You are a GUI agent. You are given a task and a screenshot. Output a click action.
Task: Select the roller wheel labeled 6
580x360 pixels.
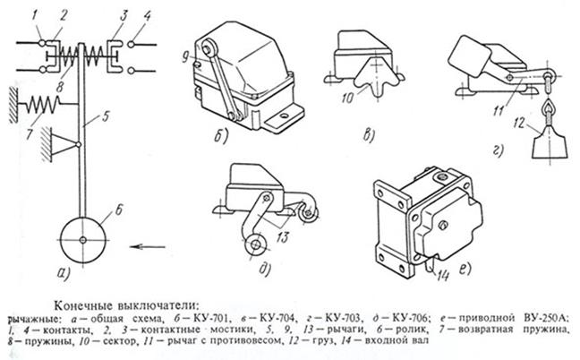(82, 239)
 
